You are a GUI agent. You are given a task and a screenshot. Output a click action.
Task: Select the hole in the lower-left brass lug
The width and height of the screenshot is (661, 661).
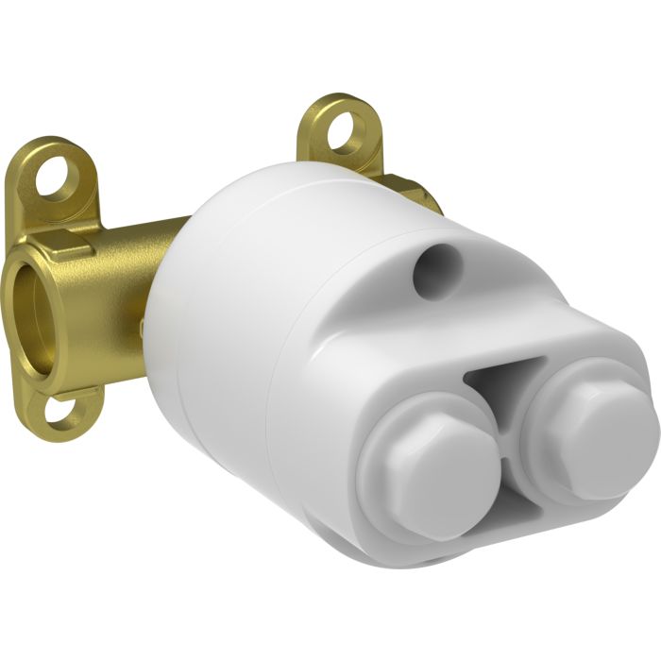click(x=64, y=412)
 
